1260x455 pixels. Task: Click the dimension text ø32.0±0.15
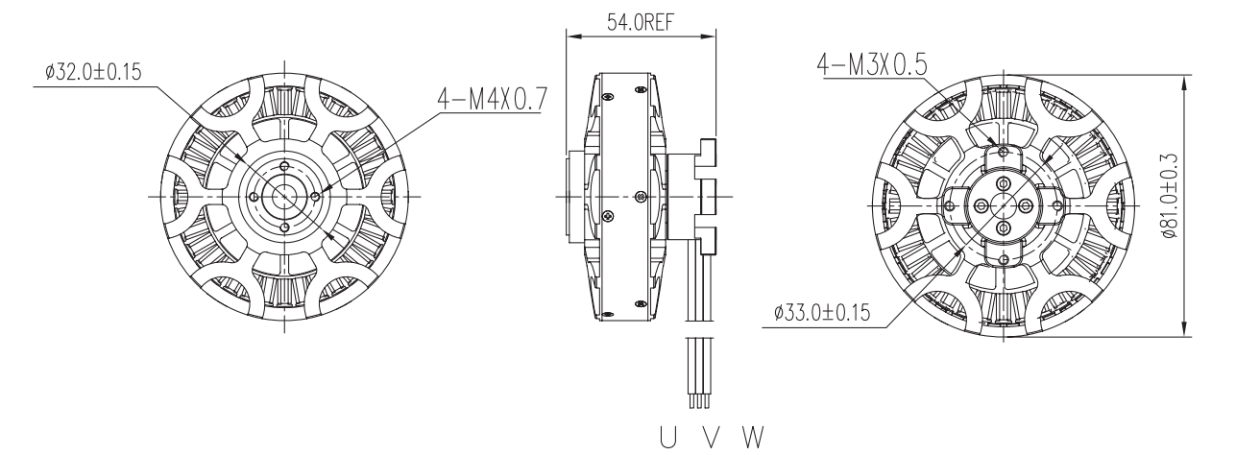coord(93,73)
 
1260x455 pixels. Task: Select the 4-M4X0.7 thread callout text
coord(492,100)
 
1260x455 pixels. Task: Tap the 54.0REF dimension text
coord(641,22)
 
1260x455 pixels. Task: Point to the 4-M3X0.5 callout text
coord(871,64)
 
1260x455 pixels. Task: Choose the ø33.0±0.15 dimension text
coord(822,312)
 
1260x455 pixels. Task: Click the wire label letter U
coord(668,437)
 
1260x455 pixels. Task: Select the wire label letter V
coord(712,437)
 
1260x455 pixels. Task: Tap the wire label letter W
coord(753,437)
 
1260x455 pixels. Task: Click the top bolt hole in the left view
coord(284,166)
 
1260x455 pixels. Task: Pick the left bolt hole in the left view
coord(254,196)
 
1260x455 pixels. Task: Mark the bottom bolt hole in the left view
coord(284,227)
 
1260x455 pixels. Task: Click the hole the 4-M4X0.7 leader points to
coord(316,196)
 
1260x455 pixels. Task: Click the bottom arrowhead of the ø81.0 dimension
coord(1185,329)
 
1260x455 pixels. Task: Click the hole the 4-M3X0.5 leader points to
coord(1005,152)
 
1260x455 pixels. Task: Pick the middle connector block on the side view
coord(707,197)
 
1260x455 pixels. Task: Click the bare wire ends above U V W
coord(698,401)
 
